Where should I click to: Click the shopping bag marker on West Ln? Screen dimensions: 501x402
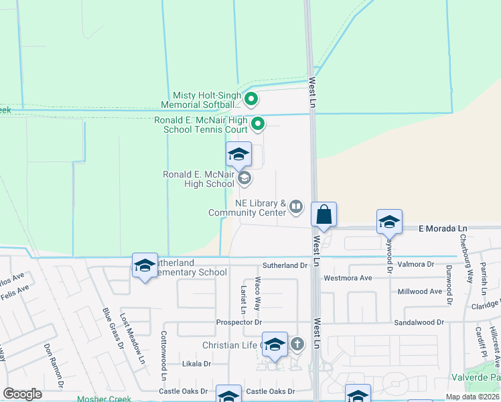pos(324,216)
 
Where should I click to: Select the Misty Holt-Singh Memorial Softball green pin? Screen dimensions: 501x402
pos(251,100)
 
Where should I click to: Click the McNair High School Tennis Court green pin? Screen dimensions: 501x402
pos(258,124)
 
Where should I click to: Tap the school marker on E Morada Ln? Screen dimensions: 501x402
pos(389,222)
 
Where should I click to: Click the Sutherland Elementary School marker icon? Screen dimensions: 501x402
pos(145,266)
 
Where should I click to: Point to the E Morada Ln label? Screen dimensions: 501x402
pos(442,229)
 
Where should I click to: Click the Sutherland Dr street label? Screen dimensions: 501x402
pos(284,265)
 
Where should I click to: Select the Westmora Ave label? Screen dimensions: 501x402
pos(348,277)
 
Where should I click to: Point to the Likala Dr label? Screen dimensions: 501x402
pos(197,364)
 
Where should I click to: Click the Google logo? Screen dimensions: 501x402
pos(22,394)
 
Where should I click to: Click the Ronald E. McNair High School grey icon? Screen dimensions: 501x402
pos(244,178)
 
